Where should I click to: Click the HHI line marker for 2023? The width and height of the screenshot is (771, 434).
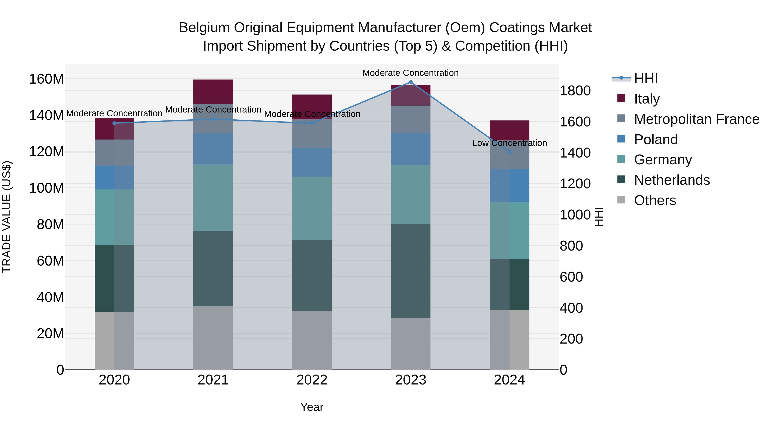coord(411,82)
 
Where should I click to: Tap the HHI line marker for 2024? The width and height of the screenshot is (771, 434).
coord(510,152)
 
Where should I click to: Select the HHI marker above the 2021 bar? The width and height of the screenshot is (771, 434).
coord(213,119)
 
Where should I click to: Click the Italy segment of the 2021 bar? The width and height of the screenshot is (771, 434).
coord(213,92)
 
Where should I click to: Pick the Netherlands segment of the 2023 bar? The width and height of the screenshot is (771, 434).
coord(411,271)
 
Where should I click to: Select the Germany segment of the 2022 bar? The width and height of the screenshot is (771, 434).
coord(312,209)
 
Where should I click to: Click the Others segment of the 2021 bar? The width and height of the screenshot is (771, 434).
coord(213,338)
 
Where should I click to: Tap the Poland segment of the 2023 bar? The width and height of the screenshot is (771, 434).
coord(411,149)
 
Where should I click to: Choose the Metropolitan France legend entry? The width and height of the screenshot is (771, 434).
coord(696,119)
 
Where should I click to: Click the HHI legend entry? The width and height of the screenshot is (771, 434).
coord(645,78)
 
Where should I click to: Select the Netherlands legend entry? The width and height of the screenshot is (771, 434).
coord(672,180)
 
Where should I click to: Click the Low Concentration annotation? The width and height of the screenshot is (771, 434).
coord(510,143)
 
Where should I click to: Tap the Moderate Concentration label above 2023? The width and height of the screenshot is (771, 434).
coord(410,73)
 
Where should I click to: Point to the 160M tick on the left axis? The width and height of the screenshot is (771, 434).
coord(46,79)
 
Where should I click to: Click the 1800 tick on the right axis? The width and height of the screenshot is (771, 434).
coord(575,91)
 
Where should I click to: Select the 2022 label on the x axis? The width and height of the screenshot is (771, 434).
coord(312,380)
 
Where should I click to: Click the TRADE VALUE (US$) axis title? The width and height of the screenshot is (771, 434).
coord(7,217)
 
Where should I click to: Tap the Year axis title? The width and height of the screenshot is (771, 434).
coord(312,407)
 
